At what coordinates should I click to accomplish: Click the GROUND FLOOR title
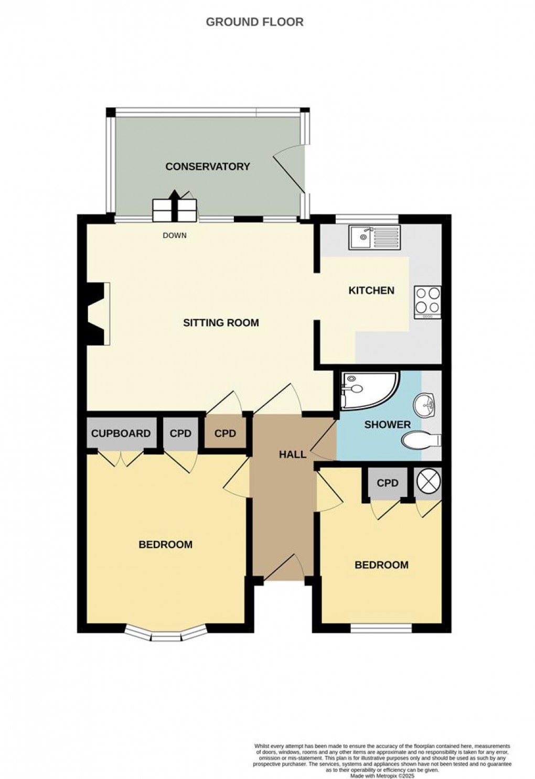point(254,22)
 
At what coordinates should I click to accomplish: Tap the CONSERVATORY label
point(207,167)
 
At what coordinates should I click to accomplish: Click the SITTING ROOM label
point(221,323)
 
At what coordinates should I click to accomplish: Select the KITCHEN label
point(371,290)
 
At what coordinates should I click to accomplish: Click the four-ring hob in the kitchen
point(427,302)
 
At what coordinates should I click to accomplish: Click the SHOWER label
point(387,425)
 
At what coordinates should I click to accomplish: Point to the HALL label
point(292,455)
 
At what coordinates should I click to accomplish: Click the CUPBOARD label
point(121,434)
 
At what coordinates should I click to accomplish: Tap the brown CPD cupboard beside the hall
point(225,434)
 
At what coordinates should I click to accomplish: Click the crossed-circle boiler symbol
point(428,481)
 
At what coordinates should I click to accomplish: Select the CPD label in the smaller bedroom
point(388,483)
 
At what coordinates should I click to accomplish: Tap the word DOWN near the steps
point(174,235)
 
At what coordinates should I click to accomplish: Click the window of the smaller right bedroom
point(381,627)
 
